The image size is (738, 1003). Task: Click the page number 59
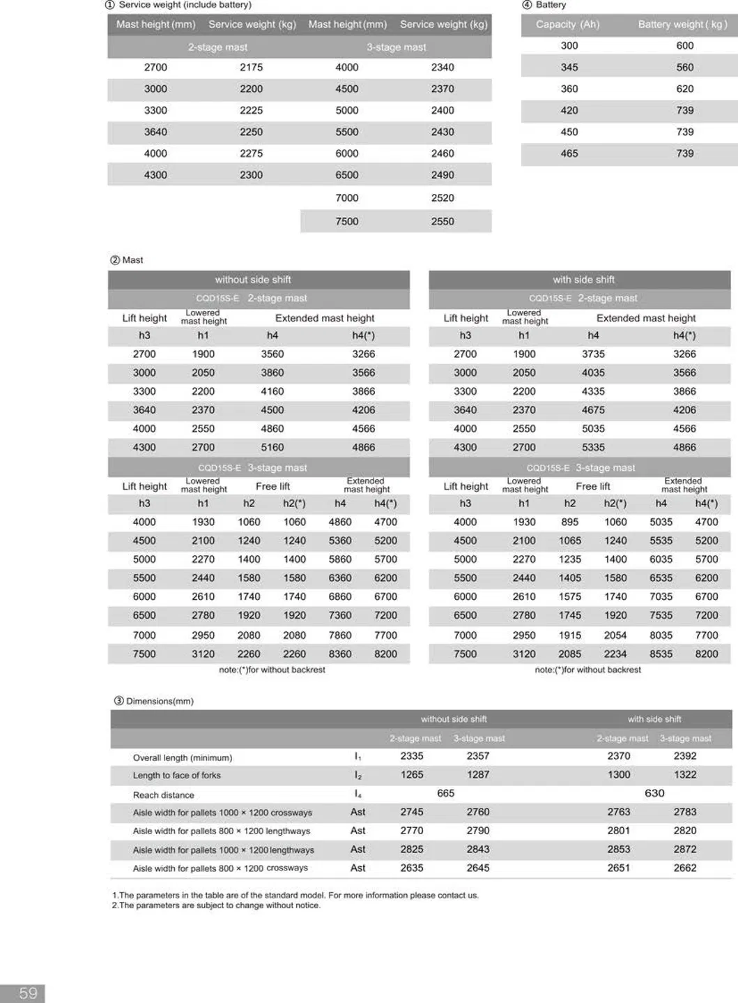28,993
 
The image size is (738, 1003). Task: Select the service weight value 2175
251,68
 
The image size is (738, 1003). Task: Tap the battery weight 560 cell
684,68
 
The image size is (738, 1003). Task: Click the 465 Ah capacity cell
569,153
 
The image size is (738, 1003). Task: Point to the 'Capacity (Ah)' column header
567,24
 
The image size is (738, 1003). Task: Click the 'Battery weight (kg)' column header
682,24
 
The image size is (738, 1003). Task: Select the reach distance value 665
445,793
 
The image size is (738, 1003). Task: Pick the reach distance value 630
654,793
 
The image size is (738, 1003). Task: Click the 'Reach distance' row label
164,795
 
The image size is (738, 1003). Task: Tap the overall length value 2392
684,756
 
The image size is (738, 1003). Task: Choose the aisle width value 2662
684,868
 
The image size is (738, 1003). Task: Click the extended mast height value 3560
272,354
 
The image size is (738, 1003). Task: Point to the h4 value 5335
593,448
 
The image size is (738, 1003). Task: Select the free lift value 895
569,522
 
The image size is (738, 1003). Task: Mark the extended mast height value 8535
661,654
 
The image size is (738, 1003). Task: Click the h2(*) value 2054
615,635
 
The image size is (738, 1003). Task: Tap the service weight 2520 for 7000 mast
442,198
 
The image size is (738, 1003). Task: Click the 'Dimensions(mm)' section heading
159,701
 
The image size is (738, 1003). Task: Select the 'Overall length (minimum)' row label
183,757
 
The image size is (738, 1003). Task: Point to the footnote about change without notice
216,906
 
